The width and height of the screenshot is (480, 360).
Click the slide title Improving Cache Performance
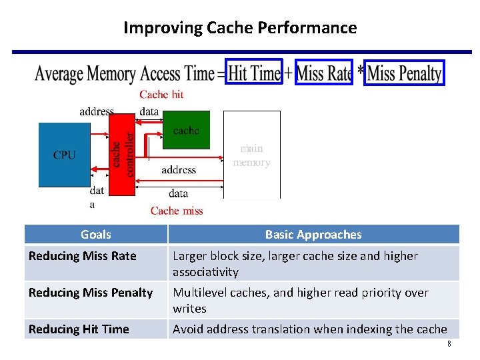[240, 28]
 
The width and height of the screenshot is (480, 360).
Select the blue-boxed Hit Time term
[254, 72]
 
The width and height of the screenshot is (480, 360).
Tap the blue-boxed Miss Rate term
[324, 72]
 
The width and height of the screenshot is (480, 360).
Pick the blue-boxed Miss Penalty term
[404, 72]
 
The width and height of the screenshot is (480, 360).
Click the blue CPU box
[65, 155]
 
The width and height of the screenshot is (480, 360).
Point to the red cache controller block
[121, 154]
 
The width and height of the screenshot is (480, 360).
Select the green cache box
[186, 131]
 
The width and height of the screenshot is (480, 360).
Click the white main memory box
[251, 155]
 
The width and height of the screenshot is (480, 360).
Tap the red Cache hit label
[161, 95]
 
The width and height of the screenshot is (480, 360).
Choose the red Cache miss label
[177, 211]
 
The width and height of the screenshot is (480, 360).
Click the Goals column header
[96, 234]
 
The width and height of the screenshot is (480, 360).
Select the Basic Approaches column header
[313, 234]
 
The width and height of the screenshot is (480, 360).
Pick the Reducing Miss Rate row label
[83, 256]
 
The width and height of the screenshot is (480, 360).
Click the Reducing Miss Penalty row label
[91, 293]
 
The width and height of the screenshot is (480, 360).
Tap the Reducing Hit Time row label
[79, 329]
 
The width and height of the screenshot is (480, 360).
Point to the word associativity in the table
[205, 272]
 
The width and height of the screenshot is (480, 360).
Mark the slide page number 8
[449, 344]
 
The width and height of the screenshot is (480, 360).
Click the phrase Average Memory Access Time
[125, 73]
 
